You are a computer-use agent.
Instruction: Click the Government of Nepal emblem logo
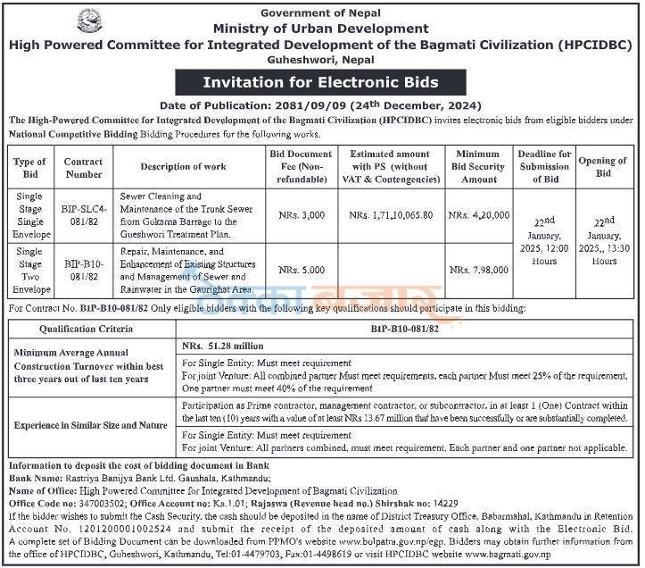pos(91,21)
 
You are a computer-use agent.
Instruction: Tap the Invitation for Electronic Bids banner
pos(321,83)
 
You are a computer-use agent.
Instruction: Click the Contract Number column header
pos(83,166)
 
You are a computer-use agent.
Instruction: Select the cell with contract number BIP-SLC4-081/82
pos(83,215)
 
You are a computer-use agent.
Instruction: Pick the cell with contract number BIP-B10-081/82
pos(83,270)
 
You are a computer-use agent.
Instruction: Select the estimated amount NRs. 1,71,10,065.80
pos(391,215)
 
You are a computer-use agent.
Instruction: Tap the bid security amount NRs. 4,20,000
pos(479,215)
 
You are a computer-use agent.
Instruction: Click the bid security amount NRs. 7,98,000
pos(479,270)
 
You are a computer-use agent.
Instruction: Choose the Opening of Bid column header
pos(604,166)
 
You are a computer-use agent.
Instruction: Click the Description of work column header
pos(183,166)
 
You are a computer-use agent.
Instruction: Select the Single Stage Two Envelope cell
pos(30,270)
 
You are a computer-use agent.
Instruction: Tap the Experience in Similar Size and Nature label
pos(92,425)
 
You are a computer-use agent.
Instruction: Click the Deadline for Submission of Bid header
pos(544,166)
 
